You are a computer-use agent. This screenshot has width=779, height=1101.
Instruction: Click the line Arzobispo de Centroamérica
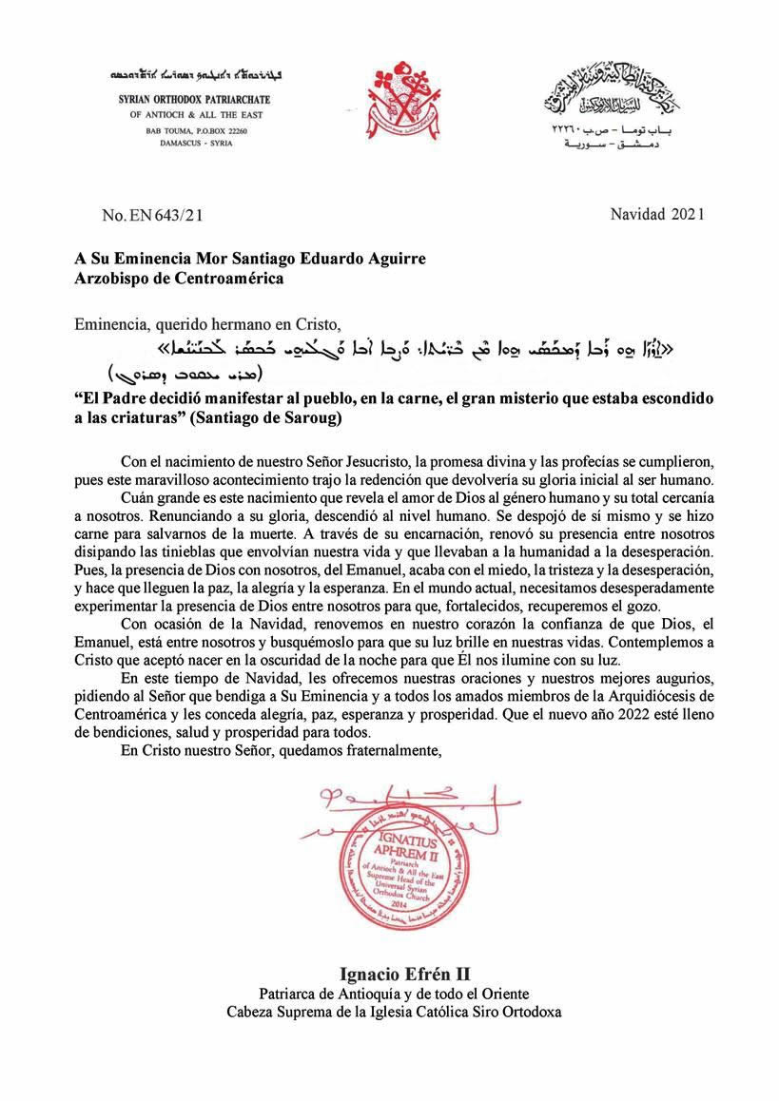pos(179,279)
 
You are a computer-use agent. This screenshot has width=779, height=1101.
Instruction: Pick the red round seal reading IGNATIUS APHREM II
pos(392,869)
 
